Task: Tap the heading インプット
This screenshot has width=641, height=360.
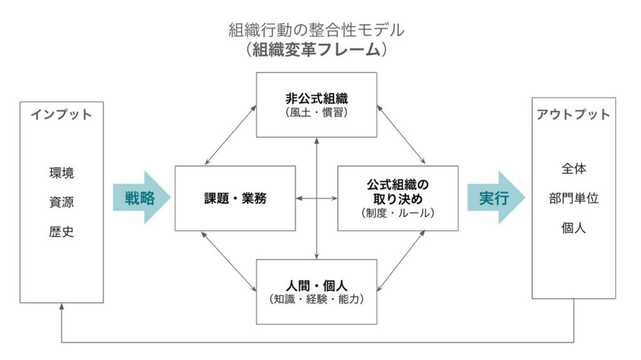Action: pyautogui.click(x=61, y=115)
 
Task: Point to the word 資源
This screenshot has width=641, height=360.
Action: pyautogui.click(x=61, y=202)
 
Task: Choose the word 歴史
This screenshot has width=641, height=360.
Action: pyautogui.click(x=61, y=232)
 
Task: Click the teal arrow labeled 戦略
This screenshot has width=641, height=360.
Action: pyautogui.click(x=140, y=198)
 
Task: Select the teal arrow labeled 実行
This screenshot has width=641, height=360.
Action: pyautogui.click(x=495, y=198)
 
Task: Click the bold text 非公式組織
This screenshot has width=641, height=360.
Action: pyautogui.click(x=316, y=98)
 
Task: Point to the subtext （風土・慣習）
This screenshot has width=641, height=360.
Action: pyautogui.click(x=316, y=113)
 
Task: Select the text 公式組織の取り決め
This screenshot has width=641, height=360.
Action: pyautogui.click(x=397, y=192)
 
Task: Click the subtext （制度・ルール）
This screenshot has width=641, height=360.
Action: pyautogui.click(x=397, y=213)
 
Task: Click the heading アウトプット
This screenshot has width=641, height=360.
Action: pyautogui.click(x=573, y=115)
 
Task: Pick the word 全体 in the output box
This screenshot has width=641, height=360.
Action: pyautogui.click(x=573, y=169)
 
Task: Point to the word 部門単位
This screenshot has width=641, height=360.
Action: pyautogui.click(x=573, y=198)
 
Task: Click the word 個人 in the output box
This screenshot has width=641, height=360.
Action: pyautogui.click(x=573, y=228)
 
